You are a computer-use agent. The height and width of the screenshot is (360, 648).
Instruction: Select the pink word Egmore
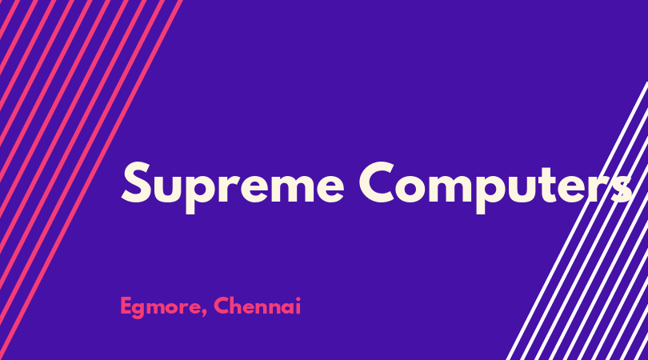(x=161, y=307)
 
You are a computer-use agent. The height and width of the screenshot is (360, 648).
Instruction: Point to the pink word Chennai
(x=257, y=306)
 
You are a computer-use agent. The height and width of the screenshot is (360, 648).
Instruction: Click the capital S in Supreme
(x=136, y=182)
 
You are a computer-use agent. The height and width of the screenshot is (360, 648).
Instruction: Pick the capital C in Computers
(x=377, y=182)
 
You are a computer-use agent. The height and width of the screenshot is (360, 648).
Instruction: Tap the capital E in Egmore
(x=126, y=306)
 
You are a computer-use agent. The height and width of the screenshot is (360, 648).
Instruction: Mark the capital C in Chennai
(x=222, y=306)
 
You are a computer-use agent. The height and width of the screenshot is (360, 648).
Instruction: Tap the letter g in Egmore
(x=141, y=310)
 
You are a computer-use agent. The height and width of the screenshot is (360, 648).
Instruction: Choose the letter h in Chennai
(x=238, y=306)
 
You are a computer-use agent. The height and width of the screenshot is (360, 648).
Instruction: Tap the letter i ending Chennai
(x=298, y=306)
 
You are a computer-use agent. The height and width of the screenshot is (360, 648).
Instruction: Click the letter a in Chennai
(x=286, y=308)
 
